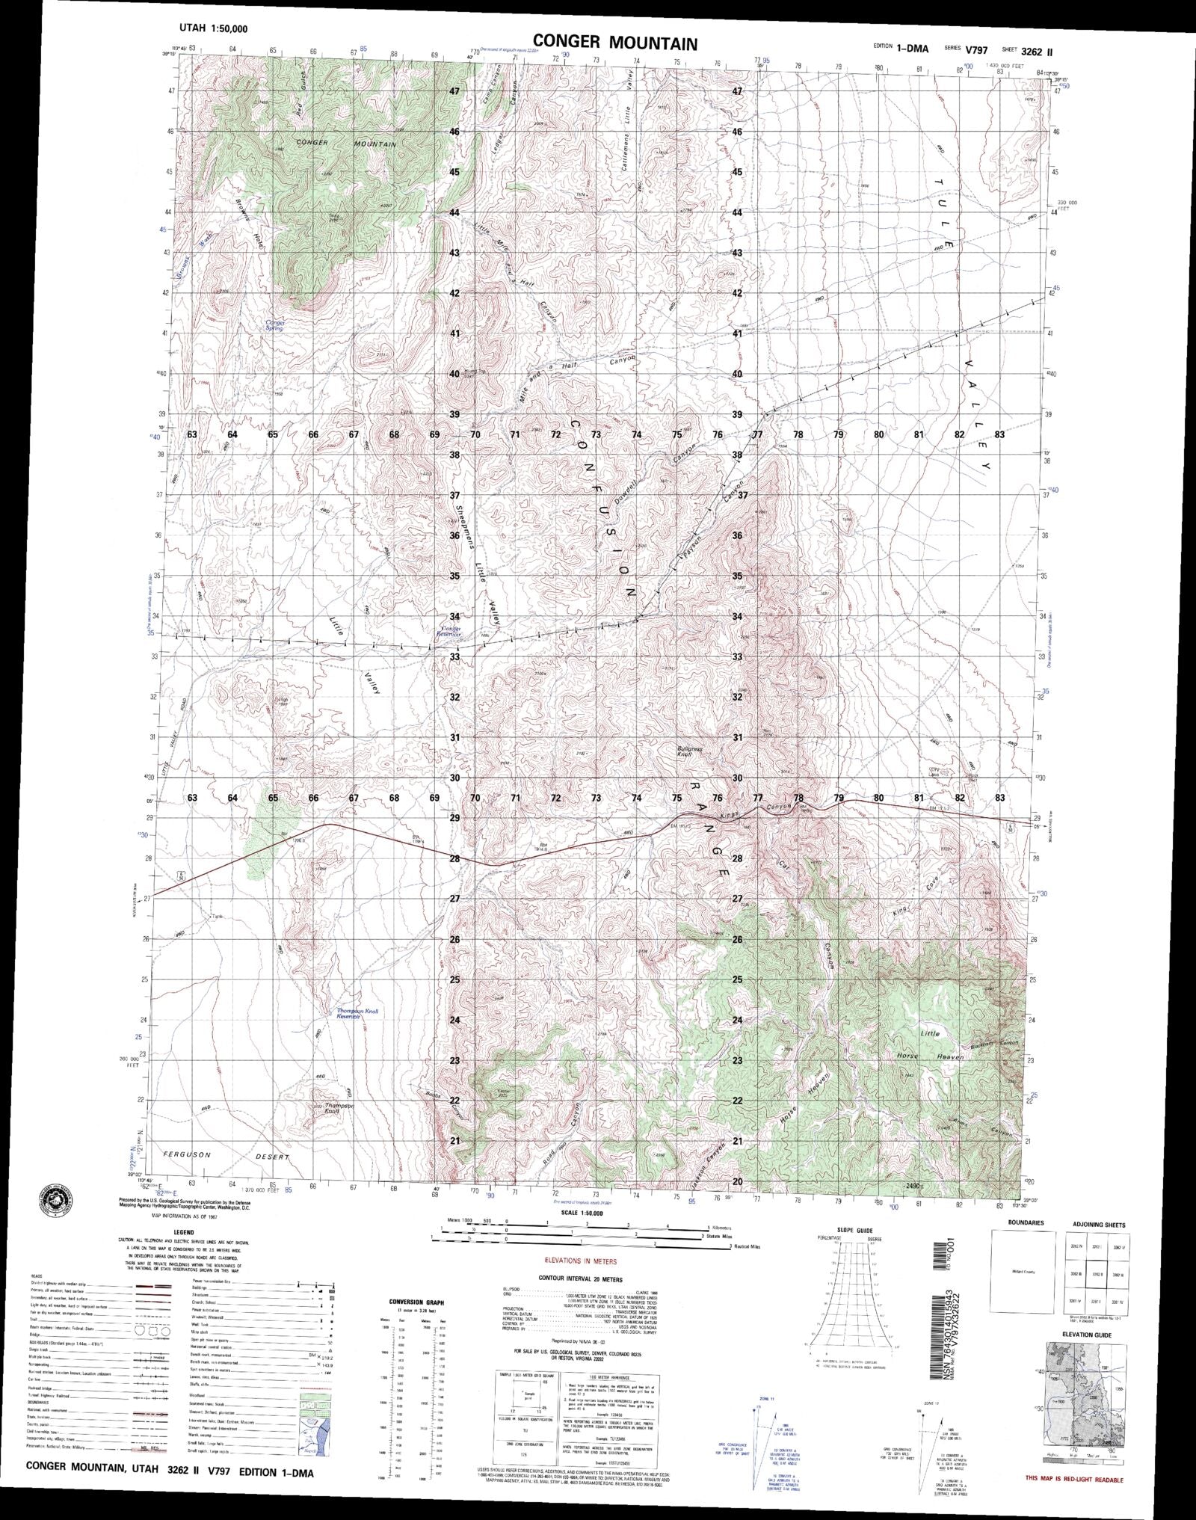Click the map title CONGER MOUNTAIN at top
[x=614, y=43]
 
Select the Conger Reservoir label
[x=451, y=633]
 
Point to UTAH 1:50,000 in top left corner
[x=215, y=28]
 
